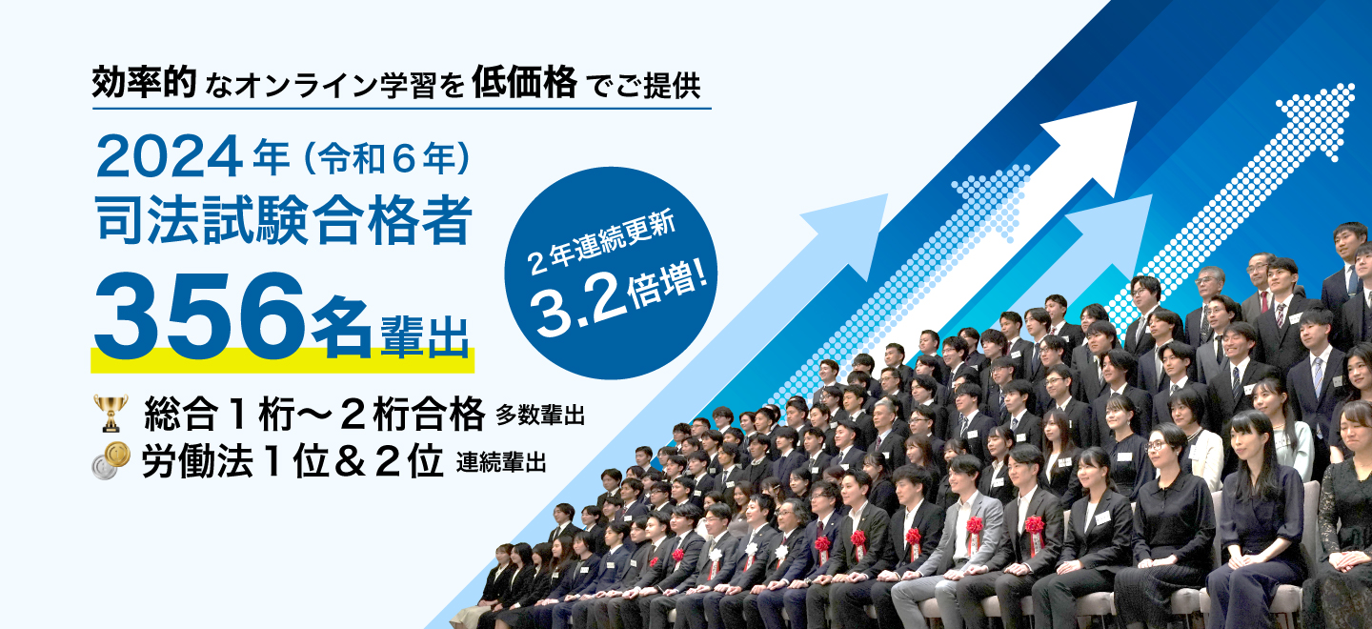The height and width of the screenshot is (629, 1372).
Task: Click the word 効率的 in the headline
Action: pos(145,83)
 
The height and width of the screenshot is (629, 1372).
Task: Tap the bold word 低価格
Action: pos(525,83)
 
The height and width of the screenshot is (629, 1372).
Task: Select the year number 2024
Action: pos(169,157)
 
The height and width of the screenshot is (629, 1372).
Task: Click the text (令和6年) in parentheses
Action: pos(387,158)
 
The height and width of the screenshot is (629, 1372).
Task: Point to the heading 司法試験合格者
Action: pos(284,220)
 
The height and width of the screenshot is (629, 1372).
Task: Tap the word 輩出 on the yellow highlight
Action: pos(425,336)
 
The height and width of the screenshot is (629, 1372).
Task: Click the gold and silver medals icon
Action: pos(111,460)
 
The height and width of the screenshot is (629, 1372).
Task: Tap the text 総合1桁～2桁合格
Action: pos(314,414)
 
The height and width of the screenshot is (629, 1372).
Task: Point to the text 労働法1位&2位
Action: pos(293,462)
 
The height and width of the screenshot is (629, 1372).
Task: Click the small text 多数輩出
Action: pos(540,416)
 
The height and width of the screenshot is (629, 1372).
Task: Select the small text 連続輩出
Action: pos(500,462)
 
